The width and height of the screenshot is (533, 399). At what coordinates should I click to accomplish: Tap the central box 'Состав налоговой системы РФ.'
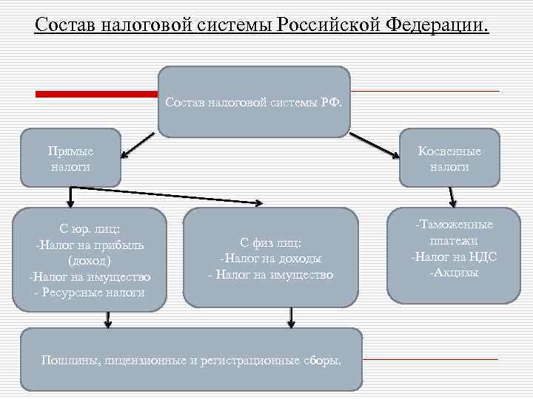pyautogui.click(x=254, y=102)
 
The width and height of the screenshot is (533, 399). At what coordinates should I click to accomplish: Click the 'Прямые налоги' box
pyautogui.click(x=70, y=158)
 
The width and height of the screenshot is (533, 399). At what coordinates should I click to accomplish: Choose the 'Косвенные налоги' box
pyautogui.click(x=449, y=158)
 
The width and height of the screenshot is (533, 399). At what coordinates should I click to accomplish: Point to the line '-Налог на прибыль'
pyautogui.click(x=90, y=245)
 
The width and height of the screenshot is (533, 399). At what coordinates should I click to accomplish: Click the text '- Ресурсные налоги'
pyautogui.click(x=90, y=293)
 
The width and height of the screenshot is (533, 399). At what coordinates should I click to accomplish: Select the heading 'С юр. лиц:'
pyautogui.click(x=90, y=228)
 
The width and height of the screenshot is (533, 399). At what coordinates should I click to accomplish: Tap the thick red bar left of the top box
pyautogui.click(x=97, y=94)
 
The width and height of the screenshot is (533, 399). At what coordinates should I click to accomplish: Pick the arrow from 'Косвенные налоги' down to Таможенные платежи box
pyautogui.click(x=452, y=197)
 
